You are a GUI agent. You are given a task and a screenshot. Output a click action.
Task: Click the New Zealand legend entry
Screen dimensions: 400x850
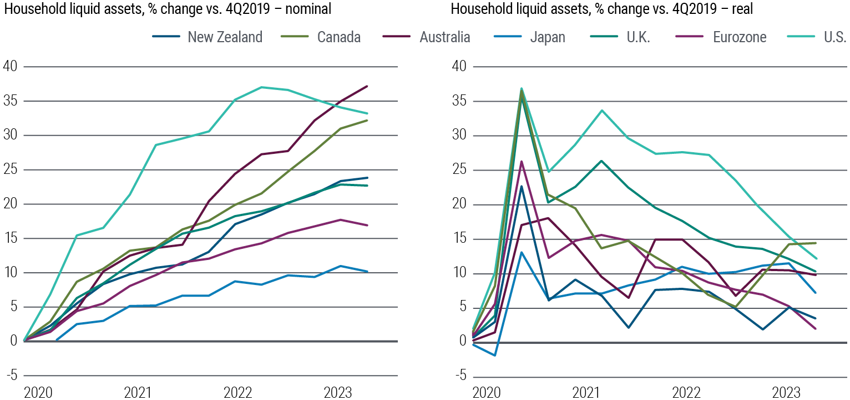[225, 37]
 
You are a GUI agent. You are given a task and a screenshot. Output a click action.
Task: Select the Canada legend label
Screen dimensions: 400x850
[338, 37]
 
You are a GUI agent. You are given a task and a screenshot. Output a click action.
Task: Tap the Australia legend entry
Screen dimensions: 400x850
[445, 37]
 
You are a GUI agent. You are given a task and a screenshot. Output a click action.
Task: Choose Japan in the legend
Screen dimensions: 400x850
[547, 37]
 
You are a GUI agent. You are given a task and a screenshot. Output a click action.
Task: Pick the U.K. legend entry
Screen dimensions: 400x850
[638, 37]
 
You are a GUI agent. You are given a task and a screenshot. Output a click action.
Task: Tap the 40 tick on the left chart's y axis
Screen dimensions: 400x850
[11, 67]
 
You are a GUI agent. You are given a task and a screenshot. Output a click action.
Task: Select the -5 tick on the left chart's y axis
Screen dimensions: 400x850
[11, 376]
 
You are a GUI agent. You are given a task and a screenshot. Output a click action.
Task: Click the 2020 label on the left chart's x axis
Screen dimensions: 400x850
[37, 393]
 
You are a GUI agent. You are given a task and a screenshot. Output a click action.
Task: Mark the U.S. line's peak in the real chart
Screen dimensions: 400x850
[522, 88]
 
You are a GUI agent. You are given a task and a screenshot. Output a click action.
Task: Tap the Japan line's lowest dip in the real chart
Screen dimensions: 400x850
[494, 355]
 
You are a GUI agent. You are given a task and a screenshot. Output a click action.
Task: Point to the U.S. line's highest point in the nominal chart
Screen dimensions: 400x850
[261, 87]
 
